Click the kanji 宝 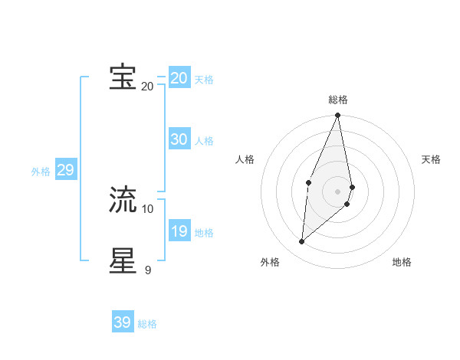tap(123, 77)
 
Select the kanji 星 tap(123, 260)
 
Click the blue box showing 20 tap(179, 78)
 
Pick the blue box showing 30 tap(179, 139)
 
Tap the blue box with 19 tap(179, 231)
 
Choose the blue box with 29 tap(65, 170)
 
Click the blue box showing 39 tap(122, 322)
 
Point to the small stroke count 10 tap(148, 208)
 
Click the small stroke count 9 tap(147, 270)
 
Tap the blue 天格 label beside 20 tap(204, 80)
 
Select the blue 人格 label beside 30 tap(204, 141)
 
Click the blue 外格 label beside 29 tap(41, 172)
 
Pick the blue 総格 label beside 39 tap(147, 324)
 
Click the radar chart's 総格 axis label tap(338, 100)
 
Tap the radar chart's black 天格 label tap(431, 159)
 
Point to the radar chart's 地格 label tap(402, 262)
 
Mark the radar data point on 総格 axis tap(337, 116)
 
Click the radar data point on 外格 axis tap(301, 242)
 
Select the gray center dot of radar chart tap(337, 191)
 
